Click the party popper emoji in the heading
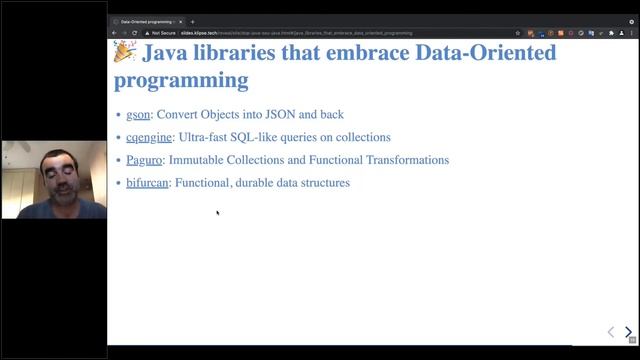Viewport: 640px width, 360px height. click(124, 53)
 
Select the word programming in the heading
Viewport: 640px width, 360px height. click(181, 79)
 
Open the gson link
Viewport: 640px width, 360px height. click(137, 114)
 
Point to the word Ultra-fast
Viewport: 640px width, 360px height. click(206, 137)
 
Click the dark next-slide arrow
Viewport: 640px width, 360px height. click(628, 332)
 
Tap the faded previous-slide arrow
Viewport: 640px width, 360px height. click(611, 332)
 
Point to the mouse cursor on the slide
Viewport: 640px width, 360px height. click(217, 212)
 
